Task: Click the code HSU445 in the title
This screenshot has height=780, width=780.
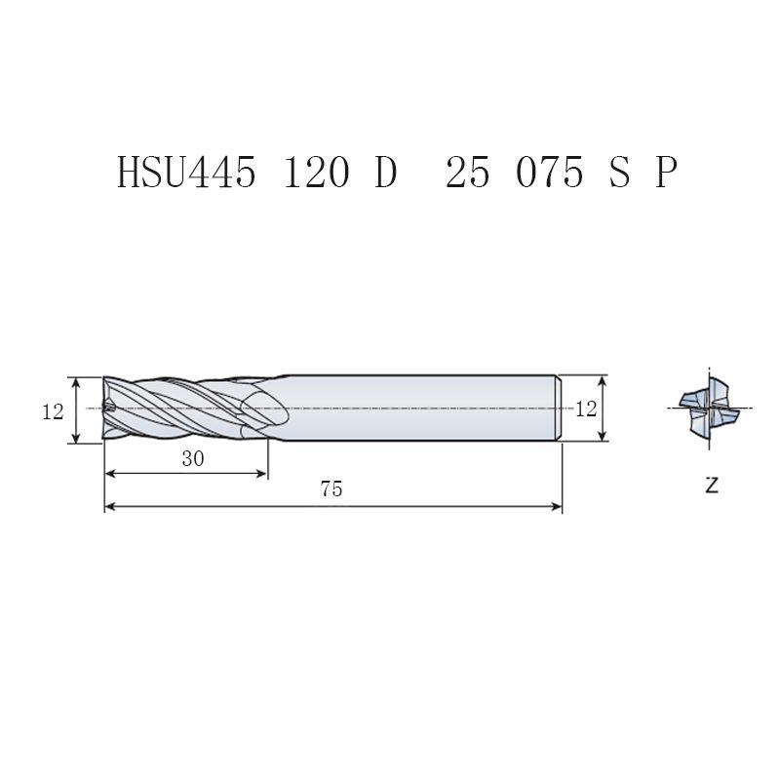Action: [186, 172]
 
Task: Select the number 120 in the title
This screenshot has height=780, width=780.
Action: [316, 172]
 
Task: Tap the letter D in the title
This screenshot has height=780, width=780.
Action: [386, 172]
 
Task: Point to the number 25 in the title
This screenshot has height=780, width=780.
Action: [467, 172]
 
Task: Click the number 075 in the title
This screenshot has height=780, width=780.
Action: [549, 172]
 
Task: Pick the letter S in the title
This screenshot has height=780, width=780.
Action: [619, 172]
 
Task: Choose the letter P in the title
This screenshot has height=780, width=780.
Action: [666, 172]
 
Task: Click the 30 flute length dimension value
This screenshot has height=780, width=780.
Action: [193, 458]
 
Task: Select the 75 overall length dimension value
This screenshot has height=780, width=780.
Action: [331, 489]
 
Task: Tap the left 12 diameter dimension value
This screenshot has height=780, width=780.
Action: [53, 411]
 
